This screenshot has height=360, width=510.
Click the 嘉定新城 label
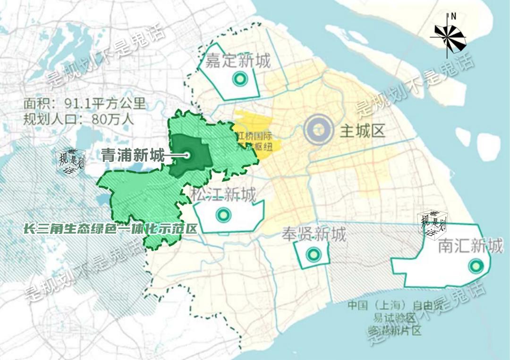click(238, 61)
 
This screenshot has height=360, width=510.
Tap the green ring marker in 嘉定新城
click(240, 79)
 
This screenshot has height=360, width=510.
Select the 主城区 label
click(363, 131)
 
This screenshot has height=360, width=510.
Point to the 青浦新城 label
click(133, 155)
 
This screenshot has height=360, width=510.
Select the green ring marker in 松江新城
click(223, 215)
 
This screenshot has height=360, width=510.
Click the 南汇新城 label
click(470, 246)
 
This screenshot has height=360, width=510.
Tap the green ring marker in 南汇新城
click(475, 266)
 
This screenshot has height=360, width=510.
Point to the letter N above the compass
click(453, 16)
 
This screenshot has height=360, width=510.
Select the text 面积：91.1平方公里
click(85, 104)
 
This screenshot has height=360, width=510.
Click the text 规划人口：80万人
click(78, 119)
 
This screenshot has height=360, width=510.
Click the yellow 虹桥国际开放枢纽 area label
click(258, 141)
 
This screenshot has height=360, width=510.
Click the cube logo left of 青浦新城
click(70, 161)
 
